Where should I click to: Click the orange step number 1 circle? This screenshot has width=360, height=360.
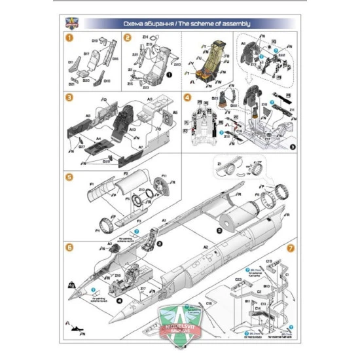69,37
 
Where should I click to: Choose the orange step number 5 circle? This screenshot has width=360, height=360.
69,176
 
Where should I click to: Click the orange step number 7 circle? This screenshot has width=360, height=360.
291,249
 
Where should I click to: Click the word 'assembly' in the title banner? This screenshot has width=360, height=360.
233,24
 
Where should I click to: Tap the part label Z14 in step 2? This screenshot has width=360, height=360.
145,38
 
